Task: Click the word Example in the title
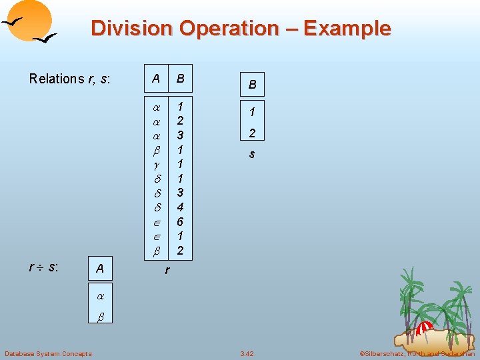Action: [x=347, y=29]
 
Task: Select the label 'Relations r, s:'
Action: [x=69, y=79]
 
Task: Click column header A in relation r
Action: [x=156, y=79]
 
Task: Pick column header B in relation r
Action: [x=180, y=79]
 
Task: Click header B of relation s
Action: [x=253, y=85]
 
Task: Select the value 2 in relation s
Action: [x=253, y=133]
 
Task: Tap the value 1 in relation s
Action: [x=253, y=111]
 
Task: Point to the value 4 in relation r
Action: [x=180, y=207]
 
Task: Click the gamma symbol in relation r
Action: [x=156, y=164]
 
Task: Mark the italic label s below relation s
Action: [x=253, y=154]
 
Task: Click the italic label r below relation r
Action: [x=167, y=271]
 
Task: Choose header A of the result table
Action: [x=99, y=269]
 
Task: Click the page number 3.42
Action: [x=247, y=353]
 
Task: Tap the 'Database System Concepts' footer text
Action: [x=48, y=353]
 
